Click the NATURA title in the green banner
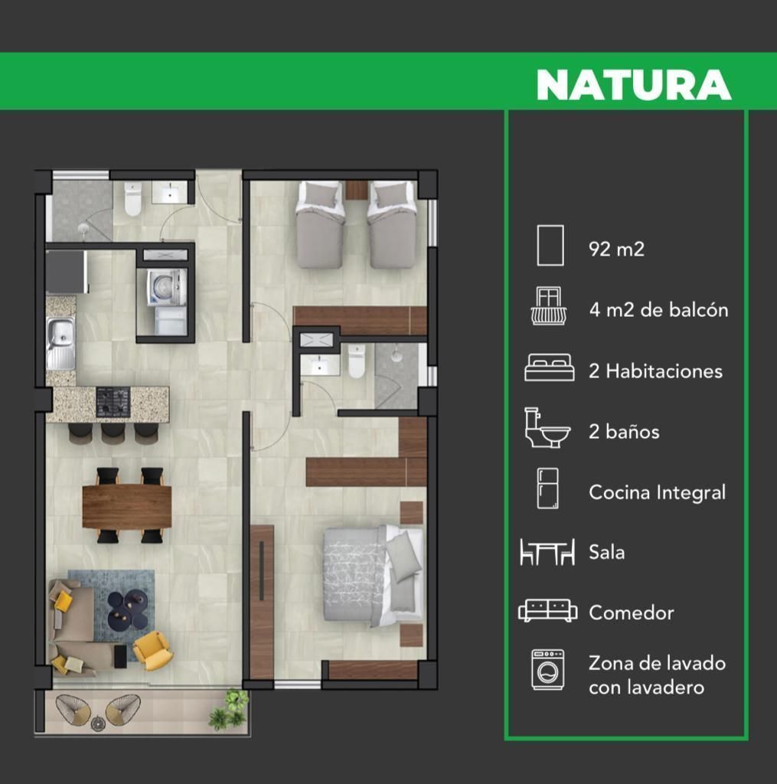click(x=634, y=84)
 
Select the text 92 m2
click(x=616, y=249)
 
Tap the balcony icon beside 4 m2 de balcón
click(x=549, y=306)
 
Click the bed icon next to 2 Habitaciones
click(x=549, y=368)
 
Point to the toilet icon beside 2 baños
click(x=547, y=427)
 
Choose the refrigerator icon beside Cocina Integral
click(x=547, y=488)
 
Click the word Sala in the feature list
click(x=606, y=553)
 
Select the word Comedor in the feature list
click(x=631, y=613)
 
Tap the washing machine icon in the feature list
click(x=548, y=670)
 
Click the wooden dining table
click(x=127, y=506)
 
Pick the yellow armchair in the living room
click(x=152, y=650)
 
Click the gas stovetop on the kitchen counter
click(x=113, y=402)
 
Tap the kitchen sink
click(x=61, y=344)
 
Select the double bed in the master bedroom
click(x=373, y=575)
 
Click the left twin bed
click(x=319, y=224)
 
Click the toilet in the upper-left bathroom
click(x=133, y=198)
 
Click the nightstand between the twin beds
click(x=357, y=191)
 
